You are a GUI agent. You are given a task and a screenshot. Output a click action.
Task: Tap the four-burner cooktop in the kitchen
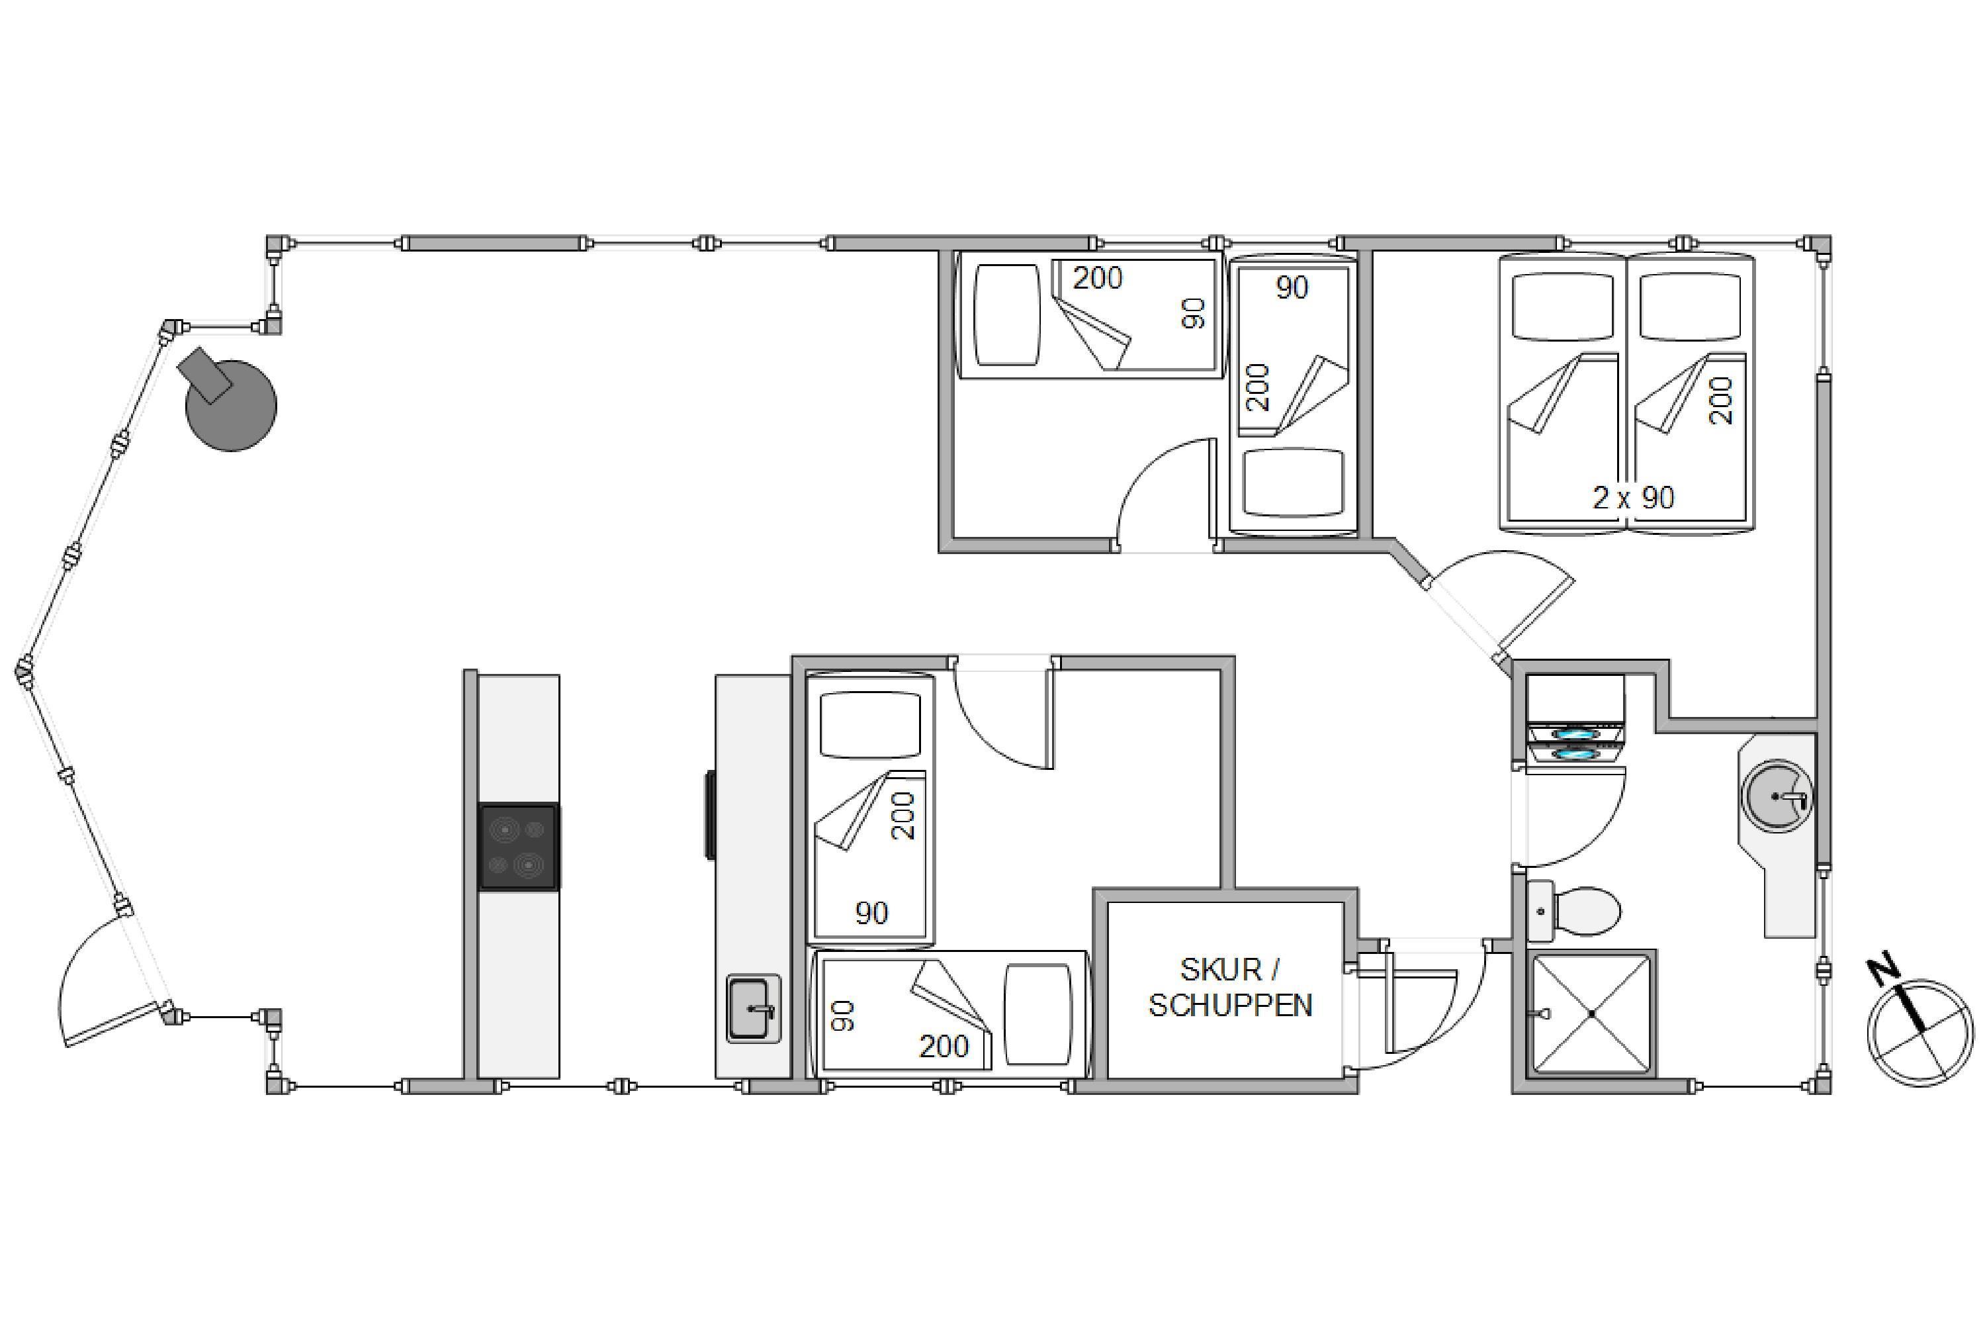pos(519,847)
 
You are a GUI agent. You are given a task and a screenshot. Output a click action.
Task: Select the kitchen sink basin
pos(750,1008)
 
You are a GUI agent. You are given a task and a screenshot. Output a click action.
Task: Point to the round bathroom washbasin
pos(1777,796)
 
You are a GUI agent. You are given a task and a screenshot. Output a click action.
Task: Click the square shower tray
pos(1591,1014)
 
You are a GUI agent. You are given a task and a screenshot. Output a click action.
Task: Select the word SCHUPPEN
pos(1231,1006)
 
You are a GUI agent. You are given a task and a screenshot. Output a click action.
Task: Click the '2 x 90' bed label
pos(1633,497)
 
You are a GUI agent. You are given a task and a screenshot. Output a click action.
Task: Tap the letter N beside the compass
pos(1884,971)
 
